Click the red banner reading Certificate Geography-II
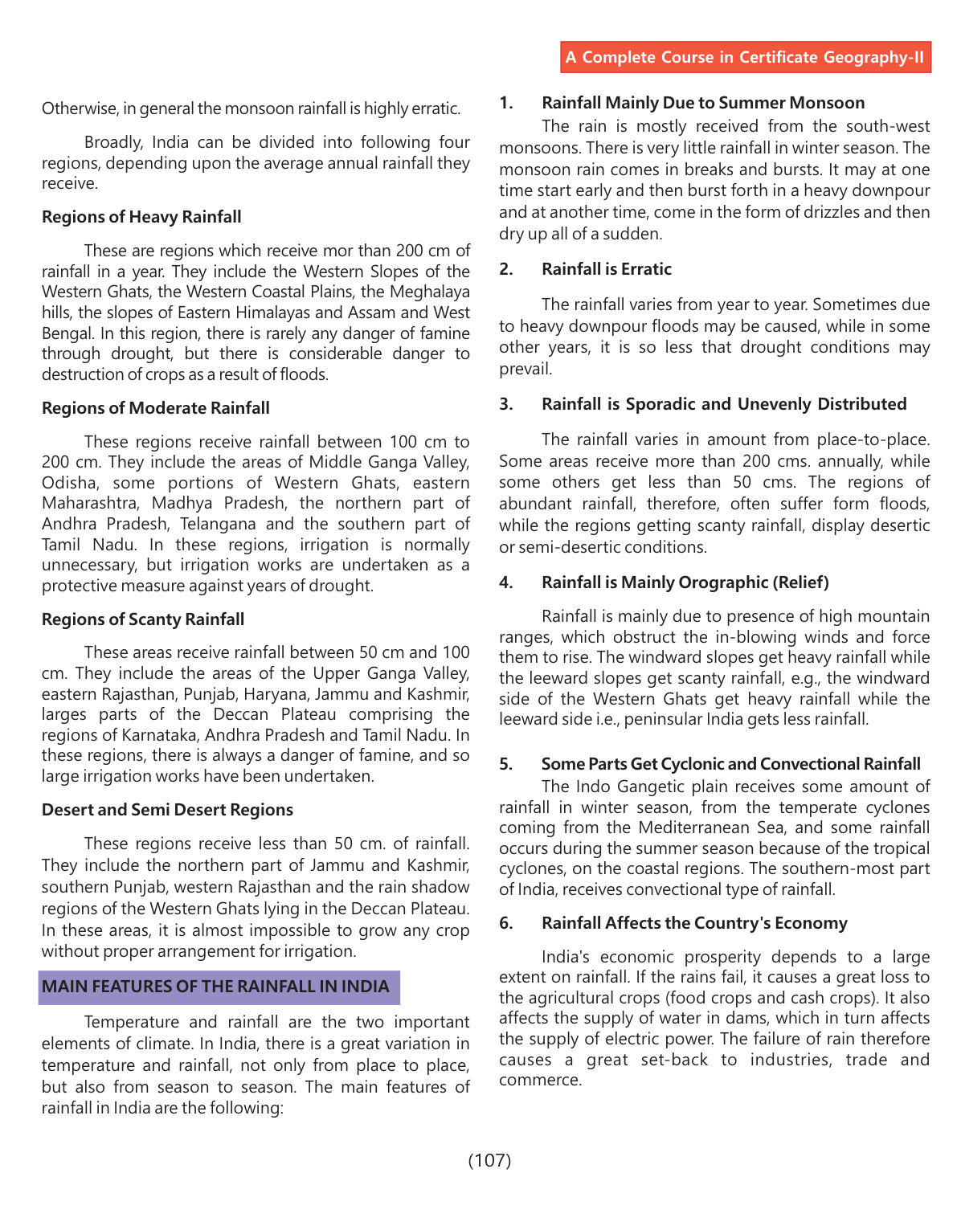tap(745, 57)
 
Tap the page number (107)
tap(489, 1159)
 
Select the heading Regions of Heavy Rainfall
tap(141, 217)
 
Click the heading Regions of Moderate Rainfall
tap(156, 408)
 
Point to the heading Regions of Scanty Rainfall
tap(143, 619)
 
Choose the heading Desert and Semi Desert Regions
tap(167, 810)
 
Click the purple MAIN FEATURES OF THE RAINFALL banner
tap(219, 987)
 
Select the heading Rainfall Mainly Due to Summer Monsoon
tap(703, 103)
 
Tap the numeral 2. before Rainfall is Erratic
tap(506, 269)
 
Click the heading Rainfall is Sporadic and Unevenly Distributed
tap(724, 404)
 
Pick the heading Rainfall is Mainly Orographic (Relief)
tap(685, 582)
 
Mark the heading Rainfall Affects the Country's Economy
tap(694, 923)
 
